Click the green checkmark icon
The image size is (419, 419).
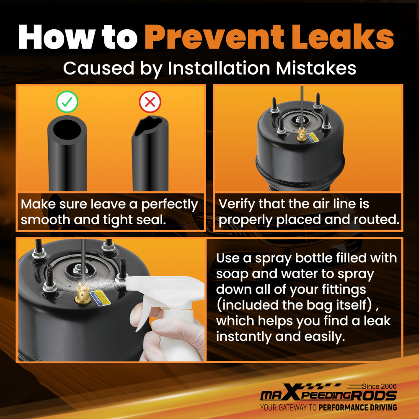coord(67,102)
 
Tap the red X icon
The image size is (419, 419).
coord(150,102)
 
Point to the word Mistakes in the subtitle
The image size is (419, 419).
coord(316,68)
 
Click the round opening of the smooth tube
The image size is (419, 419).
coord(67,129)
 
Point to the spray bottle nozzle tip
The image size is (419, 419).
coord(128,283)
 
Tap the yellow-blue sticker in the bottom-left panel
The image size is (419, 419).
coord(100,297)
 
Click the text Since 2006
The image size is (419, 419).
coord(379,386)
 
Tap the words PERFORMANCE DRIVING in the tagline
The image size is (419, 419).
coord(357,408)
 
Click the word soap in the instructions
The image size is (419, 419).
coord(232,274)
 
